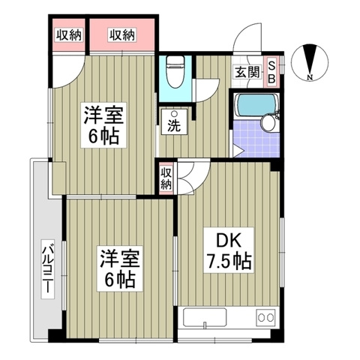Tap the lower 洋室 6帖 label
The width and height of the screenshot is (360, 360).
(x=118, y=270)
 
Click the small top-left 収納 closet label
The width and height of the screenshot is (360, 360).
(x=67, y=34)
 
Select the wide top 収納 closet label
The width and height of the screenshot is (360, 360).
(x=121, y=34)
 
